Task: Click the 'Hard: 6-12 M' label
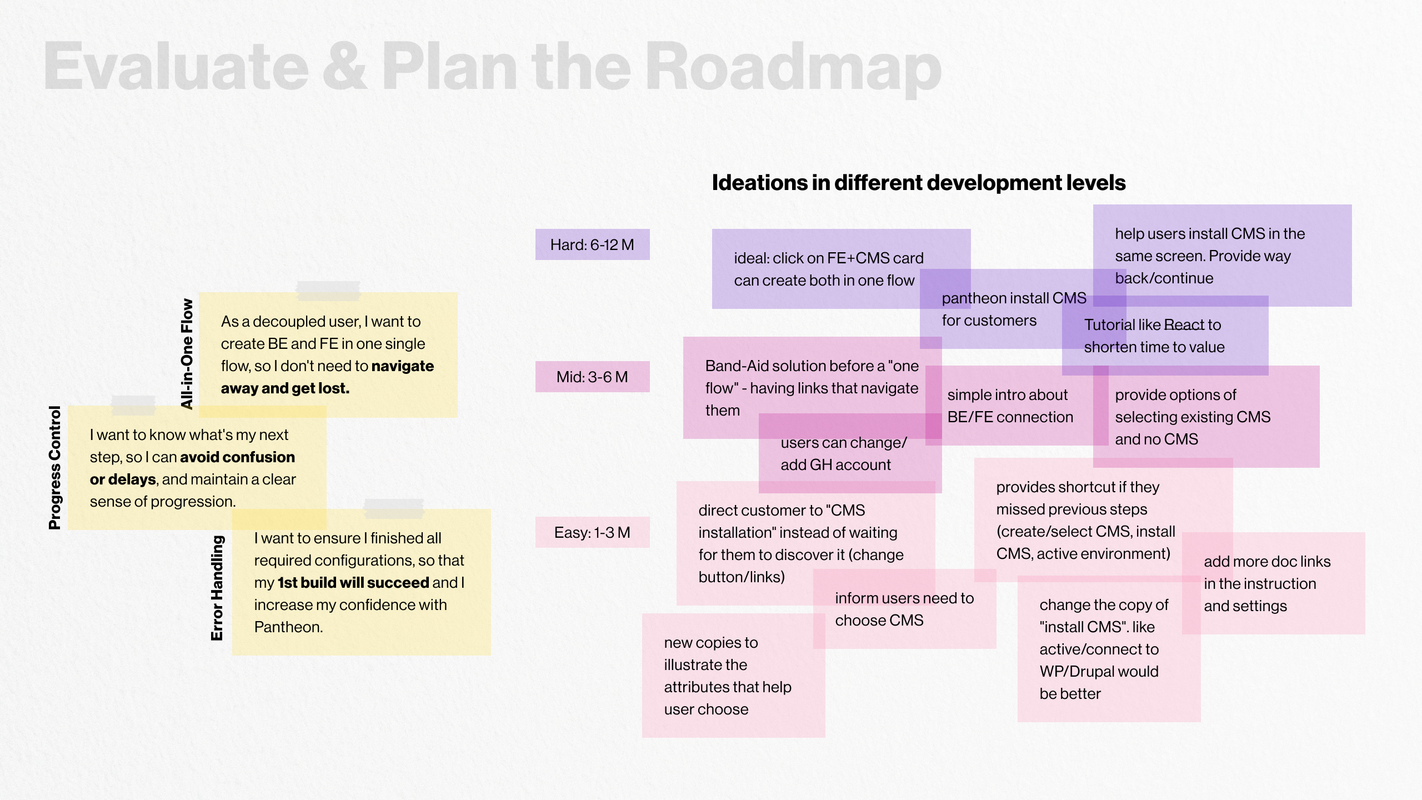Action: tap(592, 244)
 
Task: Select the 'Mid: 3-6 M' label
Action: tap(592, 377)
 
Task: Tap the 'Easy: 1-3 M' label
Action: tap(592, 532)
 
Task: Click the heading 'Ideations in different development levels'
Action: tap(919, 183)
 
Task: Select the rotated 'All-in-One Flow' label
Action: tap(187, 353)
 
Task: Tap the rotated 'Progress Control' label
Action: tap(54, 467)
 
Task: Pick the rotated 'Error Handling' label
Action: tap(217, 587)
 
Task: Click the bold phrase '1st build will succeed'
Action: tap(353, 582)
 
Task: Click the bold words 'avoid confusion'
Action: tap(237, 457)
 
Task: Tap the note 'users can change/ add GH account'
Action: tap(843, 454)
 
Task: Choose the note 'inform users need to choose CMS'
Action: tap(904, 609)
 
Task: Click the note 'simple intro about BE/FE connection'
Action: tap(1010, 406)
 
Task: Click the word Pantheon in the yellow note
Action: tap(288, 627)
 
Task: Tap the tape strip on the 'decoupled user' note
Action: tap(328, 290)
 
